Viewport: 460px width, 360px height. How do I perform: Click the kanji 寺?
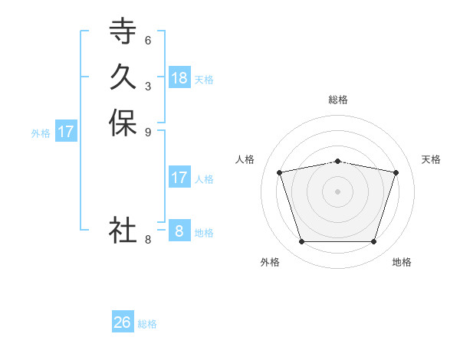click(123, 31)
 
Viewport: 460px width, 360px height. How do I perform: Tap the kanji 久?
click(123, 77)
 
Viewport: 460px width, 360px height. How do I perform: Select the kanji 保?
click(123, 123)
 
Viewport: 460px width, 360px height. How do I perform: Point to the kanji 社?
click(123, 229)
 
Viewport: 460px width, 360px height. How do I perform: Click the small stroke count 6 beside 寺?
click(148, 40)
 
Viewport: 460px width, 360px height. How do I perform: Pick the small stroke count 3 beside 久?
click(148, 86)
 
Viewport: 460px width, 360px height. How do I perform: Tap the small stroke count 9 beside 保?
click(148, 132)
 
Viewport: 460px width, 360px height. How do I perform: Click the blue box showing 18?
click(179, 78)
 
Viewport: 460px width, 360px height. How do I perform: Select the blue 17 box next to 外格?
click(66, 132)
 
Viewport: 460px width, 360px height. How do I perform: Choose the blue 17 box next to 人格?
click(179, 178)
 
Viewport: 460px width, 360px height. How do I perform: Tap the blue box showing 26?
click(123, 322)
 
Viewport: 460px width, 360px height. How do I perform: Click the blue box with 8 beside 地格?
click(179, 231)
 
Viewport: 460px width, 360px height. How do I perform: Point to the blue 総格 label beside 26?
click(147, 324)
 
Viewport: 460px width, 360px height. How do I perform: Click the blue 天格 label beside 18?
click(204, 80)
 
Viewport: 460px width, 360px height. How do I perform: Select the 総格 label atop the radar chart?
click(338, 100)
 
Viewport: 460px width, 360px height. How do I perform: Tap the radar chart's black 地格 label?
click(402, 262)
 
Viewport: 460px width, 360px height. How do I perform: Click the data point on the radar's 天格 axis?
click(396, 172)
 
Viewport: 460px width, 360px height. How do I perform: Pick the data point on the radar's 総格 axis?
click(338, 161)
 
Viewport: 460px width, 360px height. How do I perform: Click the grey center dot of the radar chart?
click(338, 191)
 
